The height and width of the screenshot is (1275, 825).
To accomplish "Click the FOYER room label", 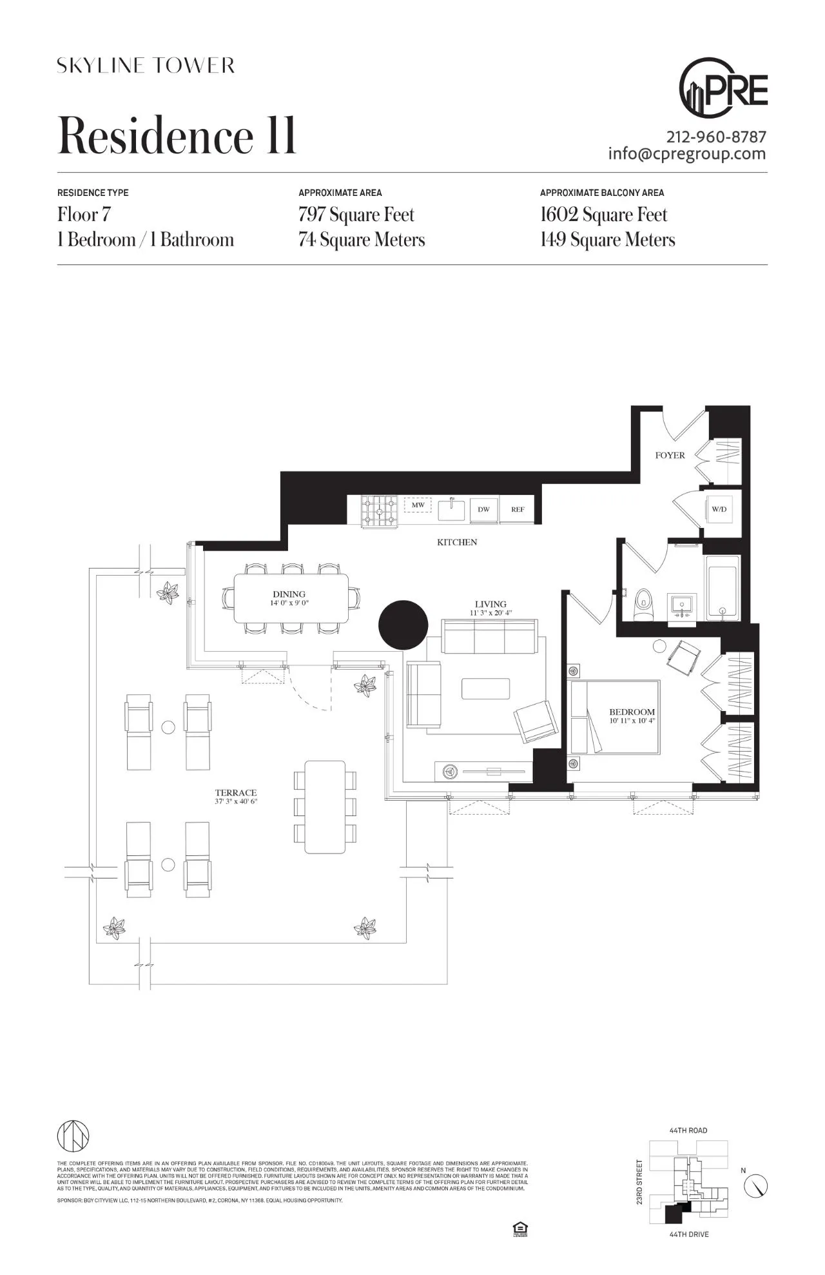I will [x=670, y=455].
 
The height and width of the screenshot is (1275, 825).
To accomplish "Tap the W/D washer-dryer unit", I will [x=719, y=509].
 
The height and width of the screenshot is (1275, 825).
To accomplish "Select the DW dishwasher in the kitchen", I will [x=483, y=509].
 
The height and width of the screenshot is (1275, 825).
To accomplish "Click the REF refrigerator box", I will [x=518, y=509].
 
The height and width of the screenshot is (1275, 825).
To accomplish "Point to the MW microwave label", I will [x=418, y=505].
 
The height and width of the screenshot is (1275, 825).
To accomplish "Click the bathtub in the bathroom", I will [x=723, y=588].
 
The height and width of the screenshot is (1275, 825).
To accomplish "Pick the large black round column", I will [x=403, y=625].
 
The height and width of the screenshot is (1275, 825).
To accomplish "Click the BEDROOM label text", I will [x=632, y=712].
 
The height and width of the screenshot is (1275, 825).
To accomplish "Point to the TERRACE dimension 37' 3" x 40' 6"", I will [x=236, y=802].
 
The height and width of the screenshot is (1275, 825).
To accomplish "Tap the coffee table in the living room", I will [x=485, y=688].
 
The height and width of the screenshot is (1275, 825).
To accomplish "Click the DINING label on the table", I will [x=289, y=594].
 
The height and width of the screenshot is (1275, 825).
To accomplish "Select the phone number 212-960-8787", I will [x=716, y=137].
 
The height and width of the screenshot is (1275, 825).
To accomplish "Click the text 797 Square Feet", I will [x=356, y=215].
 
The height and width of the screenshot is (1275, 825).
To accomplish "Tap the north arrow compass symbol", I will [x=755, y=1185].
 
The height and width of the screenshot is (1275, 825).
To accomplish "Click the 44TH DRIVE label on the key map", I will [x=689, y=1234].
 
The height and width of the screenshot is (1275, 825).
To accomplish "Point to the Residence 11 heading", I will [x=177, y=136].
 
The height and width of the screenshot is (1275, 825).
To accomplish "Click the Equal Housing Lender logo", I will [x=519, y=1229].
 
